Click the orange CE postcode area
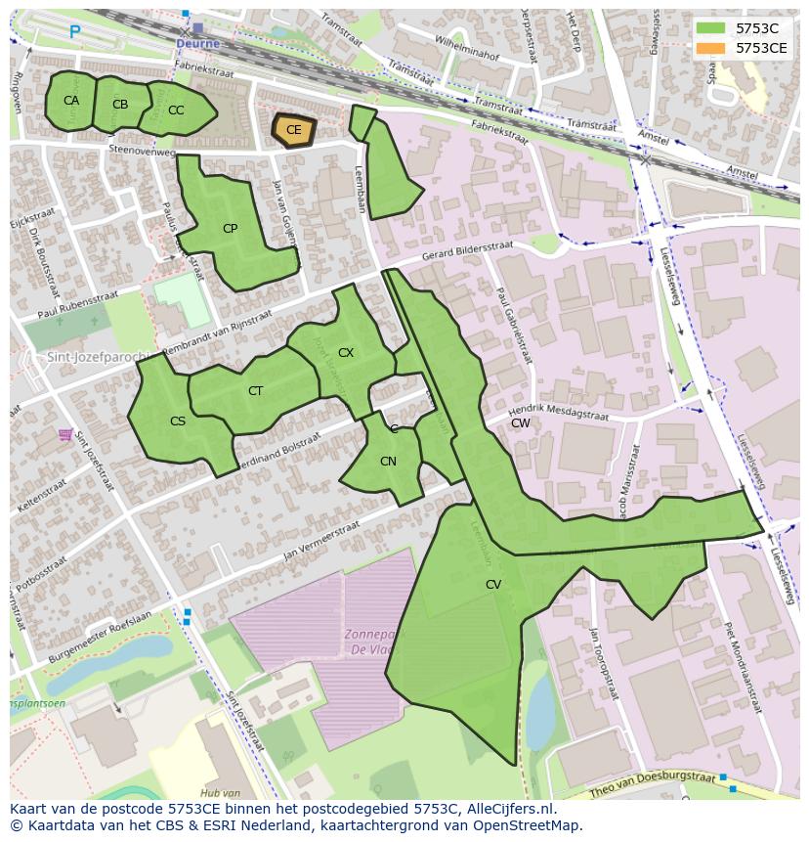point(293,129)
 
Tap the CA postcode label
point(71,101)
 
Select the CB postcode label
point(120,105)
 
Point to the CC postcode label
point(176,111)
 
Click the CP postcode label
point(230,229)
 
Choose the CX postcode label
point(345,352)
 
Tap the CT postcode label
point(255,391)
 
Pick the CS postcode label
point(178,421)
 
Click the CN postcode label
point(388,462)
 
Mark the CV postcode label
point(493,584)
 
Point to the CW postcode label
point(521,423)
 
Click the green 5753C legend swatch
point(710,28)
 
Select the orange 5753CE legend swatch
point(710,47)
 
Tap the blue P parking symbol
point(74,32)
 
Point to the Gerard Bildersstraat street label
point(467,250)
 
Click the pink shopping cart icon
point(65,433)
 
